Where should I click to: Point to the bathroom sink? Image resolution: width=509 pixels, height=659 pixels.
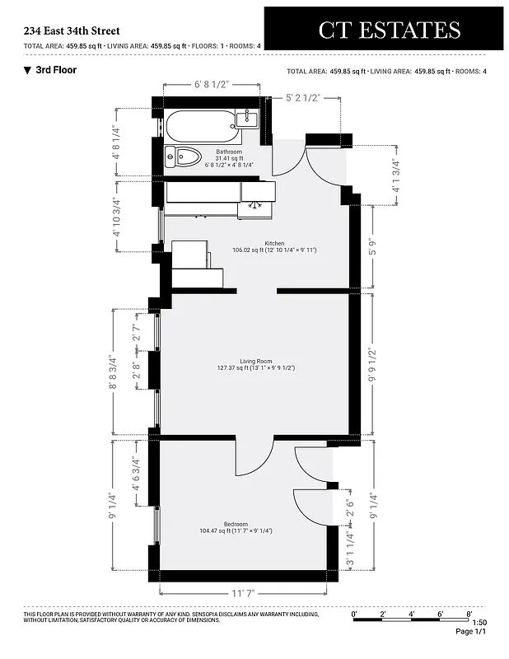tap(248, 119)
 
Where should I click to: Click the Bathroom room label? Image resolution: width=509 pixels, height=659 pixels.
tap(228, 152)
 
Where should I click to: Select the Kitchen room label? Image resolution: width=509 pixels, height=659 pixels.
tap(274, 244)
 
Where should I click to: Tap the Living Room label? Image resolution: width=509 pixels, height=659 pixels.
tap(255, 362)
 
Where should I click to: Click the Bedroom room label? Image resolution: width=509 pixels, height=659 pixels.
tap(236, 525)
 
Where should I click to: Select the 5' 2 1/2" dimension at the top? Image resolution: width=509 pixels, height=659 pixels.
tap(313, 98)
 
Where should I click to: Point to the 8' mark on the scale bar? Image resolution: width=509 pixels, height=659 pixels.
tap(469, 615)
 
